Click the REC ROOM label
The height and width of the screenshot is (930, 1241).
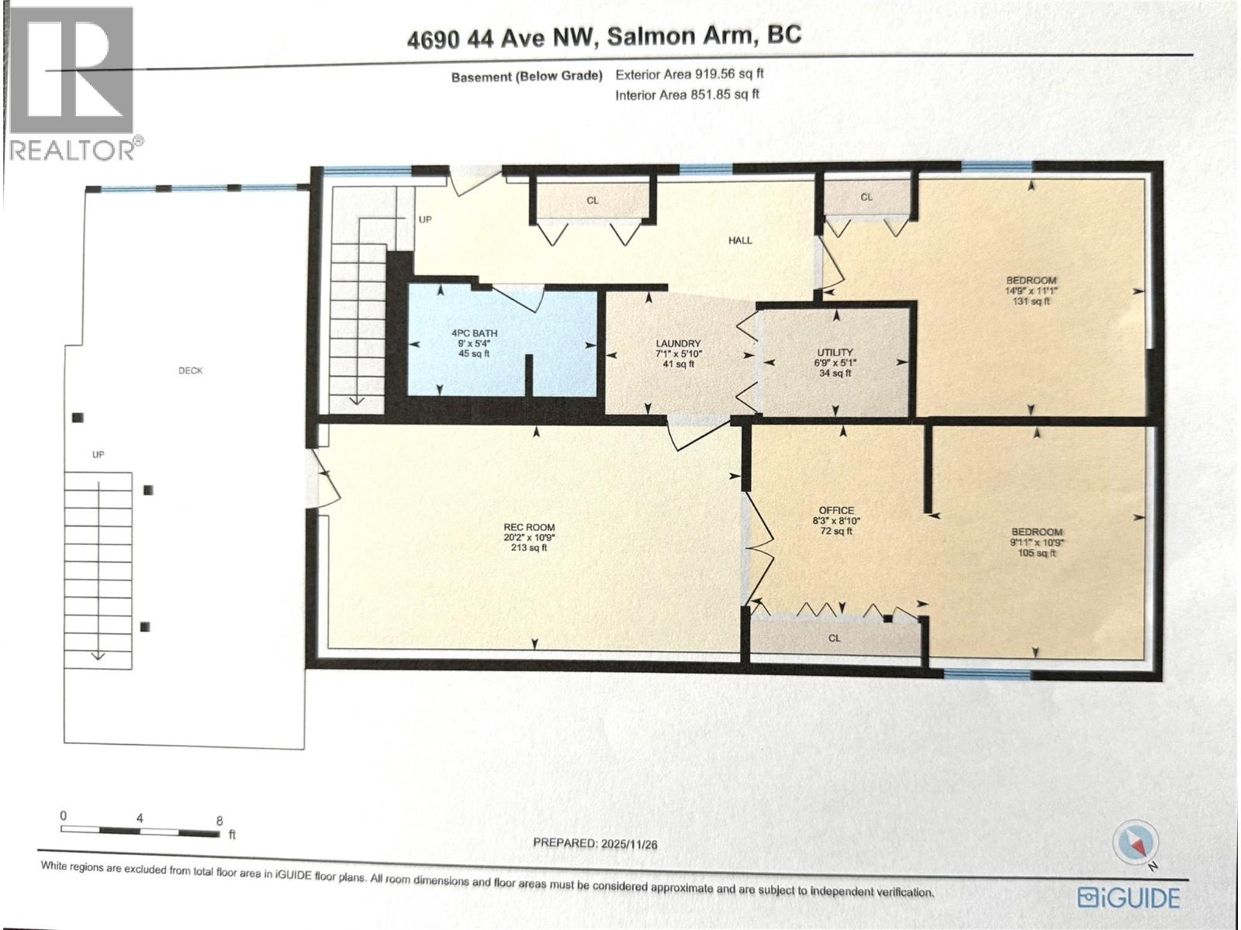coord(529,528)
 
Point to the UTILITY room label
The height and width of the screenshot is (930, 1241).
coord(835,353)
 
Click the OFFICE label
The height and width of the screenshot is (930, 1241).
coord(836,511)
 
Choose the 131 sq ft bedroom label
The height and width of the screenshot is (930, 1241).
coord(1031,281)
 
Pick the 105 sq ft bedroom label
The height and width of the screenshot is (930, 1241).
coord(1036,532)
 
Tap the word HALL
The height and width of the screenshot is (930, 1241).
coord(740,240)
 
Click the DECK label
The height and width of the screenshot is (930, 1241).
coord(190,370)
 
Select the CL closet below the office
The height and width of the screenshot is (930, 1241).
coord(835,639)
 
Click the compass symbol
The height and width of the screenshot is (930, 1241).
coord(1136,843)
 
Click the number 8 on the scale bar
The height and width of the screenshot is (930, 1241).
coord(220,820)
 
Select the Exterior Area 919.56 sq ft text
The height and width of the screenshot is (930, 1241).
coord(690,74)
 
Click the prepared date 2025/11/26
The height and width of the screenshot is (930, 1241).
coord(595,844)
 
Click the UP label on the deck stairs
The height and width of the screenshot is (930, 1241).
coord(98,455)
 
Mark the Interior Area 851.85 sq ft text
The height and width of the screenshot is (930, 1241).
coord(687,95)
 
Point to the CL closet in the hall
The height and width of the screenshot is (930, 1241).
coord(593,201)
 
